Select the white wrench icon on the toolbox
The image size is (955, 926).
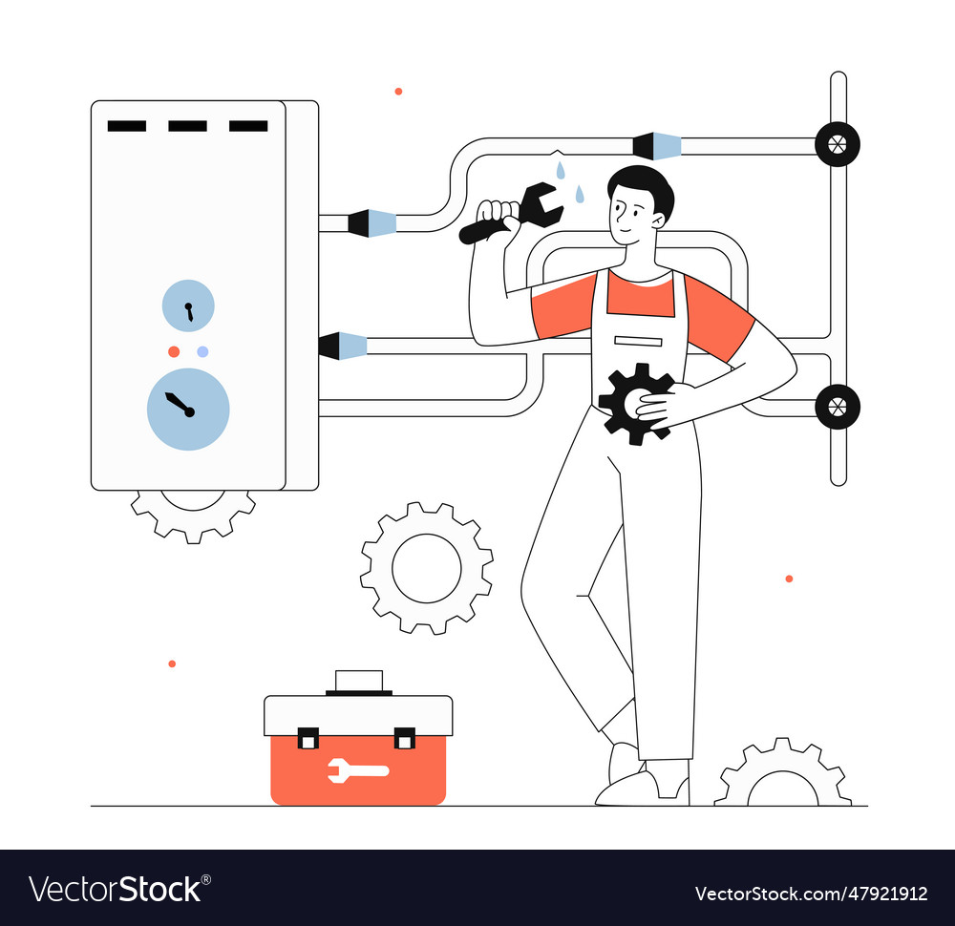tap(357, 769)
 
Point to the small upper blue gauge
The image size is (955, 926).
tap(188, 305)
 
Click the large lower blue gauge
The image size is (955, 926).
tap(188, 409)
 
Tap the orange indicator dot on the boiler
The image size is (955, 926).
tap(174, 351)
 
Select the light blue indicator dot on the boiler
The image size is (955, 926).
tap(202, 351)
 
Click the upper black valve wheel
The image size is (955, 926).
tap(838, 144)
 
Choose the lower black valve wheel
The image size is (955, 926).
tap(838, 407)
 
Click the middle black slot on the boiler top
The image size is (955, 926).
tap(187, 126)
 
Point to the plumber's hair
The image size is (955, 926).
tap(645, 183)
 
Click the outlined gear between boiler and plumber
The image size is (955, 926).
tap(427, 568)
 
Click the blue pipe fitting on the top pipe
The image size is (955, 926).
tap(659, 146)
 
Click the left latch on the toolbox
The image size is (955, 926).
tap(308, 738)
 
